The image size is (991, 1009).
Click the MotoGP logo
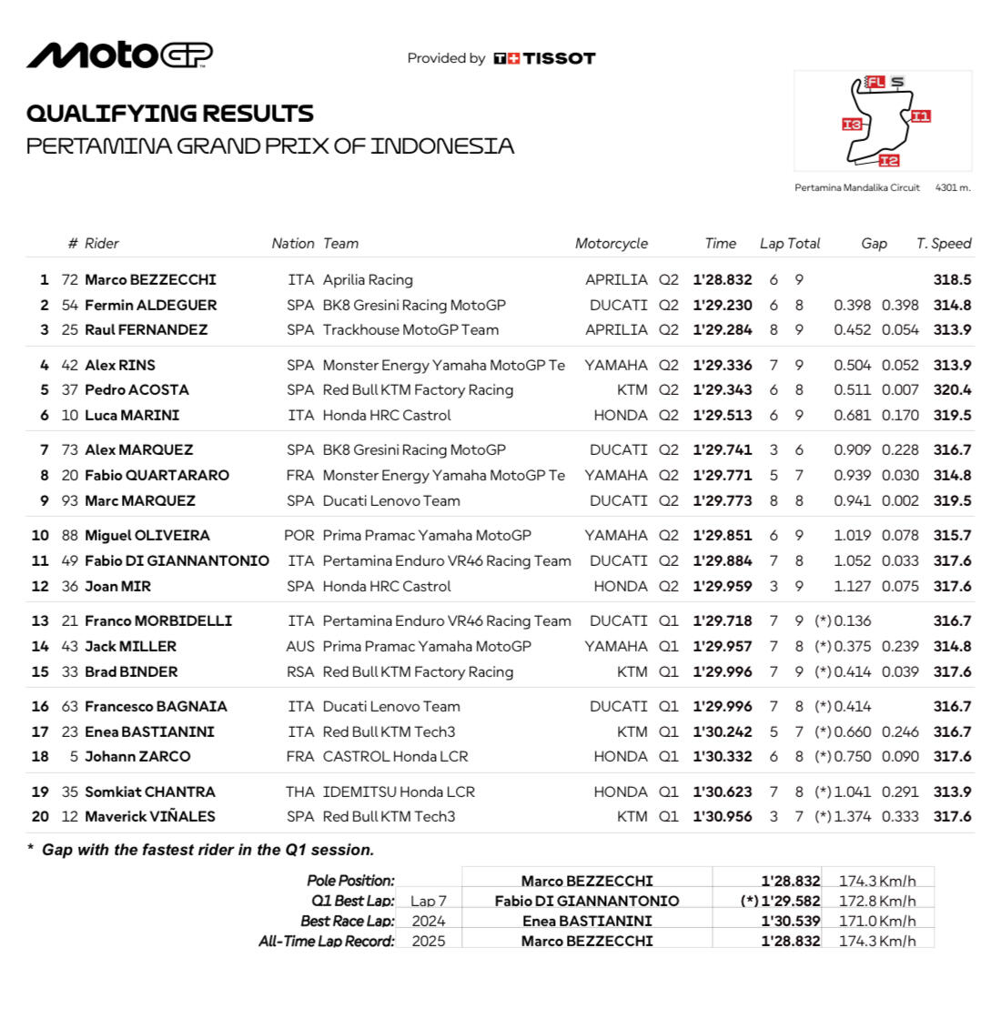tap(119, 55)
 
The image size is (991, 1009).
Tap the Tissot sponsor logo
tap(544, 58)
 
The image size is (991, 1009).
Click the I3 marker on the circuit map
tap(852, 125)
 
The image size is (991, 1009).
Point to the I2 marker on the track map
tap(889, 161)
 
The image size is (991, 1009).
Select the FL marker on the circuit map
tap(875, 82)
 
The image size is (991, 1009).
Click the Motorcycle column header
tap(611, 244)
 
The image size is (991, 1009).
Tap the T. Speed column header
tap(944, 244)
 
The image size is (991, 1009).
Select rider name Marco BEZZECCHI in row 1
tap(150, 280)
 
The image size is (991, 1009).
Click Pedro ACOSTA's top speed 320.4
tap(952, 390)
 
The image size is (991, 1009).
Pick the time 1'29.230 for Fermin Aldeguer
tap(723, 306)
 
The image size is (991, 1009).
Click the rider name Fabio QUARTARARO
tap(157, 475)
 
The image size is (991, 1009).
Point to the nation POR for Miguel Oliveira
tap(298, 536)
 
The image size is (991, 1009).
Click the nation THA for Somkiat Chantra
tap(299, 792)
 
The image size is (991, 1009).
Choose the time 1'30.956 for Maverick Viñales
tap(723, 817)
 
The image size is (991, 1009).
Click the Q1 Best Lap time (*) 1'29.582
tap(780, 901)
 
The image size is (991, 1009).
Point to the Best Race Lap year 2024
tap(429, 921)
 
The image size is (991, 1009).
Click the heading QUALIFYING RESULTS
tap(170, 114)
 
